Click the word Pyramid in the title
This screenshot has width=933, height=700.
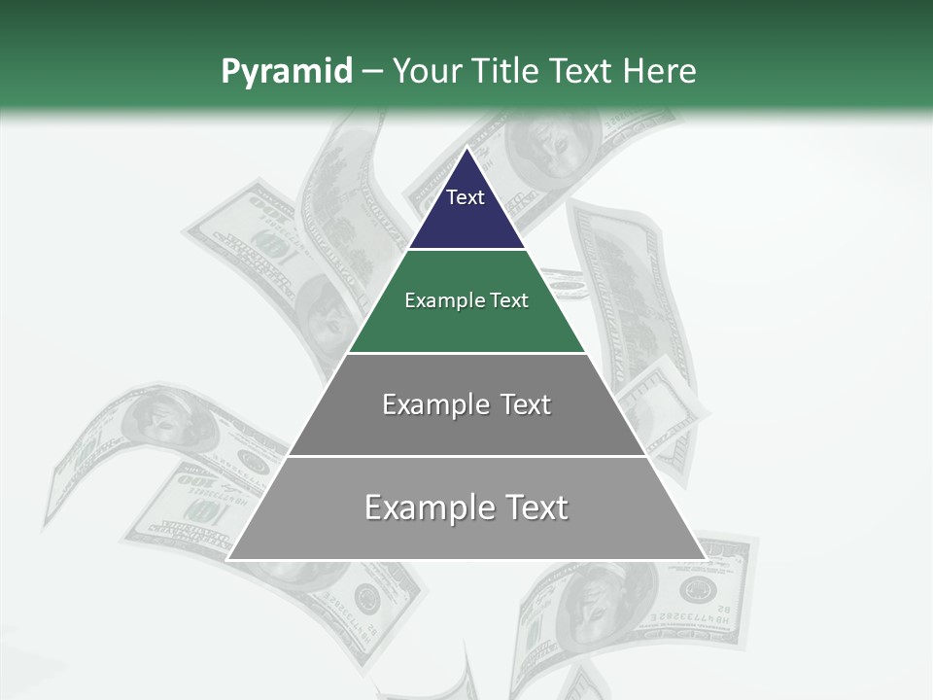pyautogui.click(x=286, y=72)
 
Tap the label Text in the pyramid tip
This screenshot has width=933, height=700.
pyautogui.click(x=466, y=197)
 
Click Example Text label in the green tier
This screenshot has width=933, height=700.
pyautogui.click(x=466, y=300)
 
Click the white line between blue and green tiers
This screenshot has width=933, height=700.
pyautogui.click(x=466, y=250)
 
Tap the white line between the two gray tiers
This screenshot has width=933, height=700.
pyautogui.click(x=466, y=456)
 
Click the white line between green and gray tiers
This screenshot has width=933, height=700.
pyautogui.click(x=466, y=353)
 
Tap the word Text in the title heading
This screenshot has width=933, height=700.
pyautogui.click(x=582, y=72)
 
